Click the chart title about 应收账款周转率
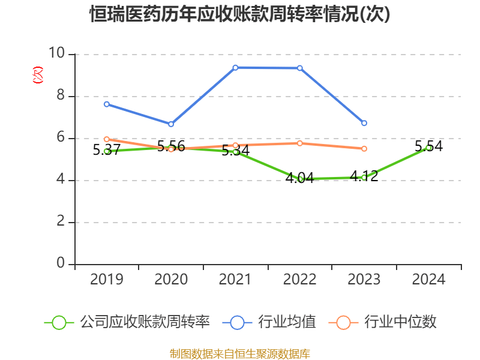240,14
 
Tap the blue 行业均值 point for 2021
235,67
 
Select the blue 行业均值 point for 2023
364,123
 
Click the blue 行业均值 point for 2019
107,104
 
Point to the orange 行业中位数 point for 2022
300,143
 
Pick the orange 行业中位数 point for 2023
364,148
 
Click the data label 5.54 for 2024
428,146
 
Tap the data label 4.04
299,178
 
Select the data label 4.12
364,176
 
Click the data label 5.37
107,150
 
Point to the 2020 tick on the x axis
171,279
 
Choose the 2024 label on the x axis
428,279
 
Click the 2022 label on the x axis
300,279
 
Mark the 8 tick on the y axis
60,96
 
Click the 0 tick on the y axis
60,264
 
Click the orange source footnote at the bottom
240,353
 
